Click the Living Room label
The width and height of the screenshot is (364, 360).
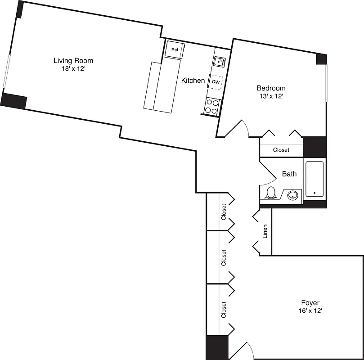[x=73, y=60]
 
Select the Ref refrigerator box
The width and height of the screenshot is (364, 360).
[x=175, y=49]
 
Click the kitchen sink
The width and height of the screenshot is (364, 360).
[x=219, y=61]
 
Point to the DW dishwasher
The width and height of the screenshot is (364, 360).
[x=216, y=82]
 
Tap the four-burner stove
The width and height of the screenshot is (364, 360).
[x=212, y=106]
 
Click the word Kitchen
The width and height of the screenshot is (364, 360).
[x=193, y=81]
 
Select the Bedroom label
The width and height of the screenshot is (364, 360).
[x=271, y=88]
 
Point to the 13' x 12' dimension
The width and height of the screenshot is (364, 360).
[x=270, y=96]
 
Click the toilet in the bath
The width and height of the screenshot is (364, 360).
[x=271, y=193]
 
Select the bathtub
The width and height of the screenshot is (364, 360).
[x=315, y=179]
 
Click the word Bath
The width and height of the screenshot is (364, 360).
[x=289, y=174]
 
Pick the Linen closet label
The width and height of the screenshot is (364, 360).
[x=265, y=231]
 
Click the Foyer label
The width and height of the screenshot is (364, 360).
[x=310, y=302]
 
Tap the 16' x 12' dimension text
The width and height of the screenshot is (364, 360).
[x=310, y=310]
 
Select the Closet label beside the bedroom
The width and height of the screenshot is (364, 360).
[x=281, y=150]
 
